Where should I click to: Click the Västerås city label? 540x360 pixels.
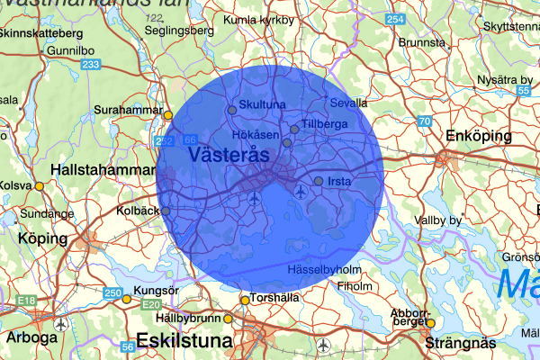coord(230,156)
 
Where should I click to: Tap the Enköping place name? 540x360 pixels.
coord(478,136)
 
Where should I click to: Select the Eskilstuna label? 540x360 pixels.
coord(184,342)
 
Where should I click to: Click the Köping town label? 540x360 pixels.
coord(42,239)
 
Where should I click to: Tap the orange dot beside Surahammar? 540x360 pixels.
coord(167,114)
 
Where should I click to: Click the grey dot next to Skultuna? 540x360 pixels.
coord(231,110)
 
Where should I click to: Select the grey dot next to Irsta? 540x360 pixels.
coord(319,181)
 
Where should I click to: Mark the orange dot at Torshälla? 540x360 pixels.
coord(245,301)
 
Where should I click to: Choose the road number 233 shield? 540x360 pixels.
coord(90,65)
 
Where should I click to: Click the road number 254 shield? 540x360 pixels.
coord(394,20)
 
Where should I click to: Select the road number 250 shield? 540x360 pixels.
coord(112,293)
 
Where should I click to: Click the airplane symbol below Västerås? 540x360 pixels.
coord(256,197)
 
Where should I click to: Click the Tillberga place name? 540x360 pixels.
coord(325,122)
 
